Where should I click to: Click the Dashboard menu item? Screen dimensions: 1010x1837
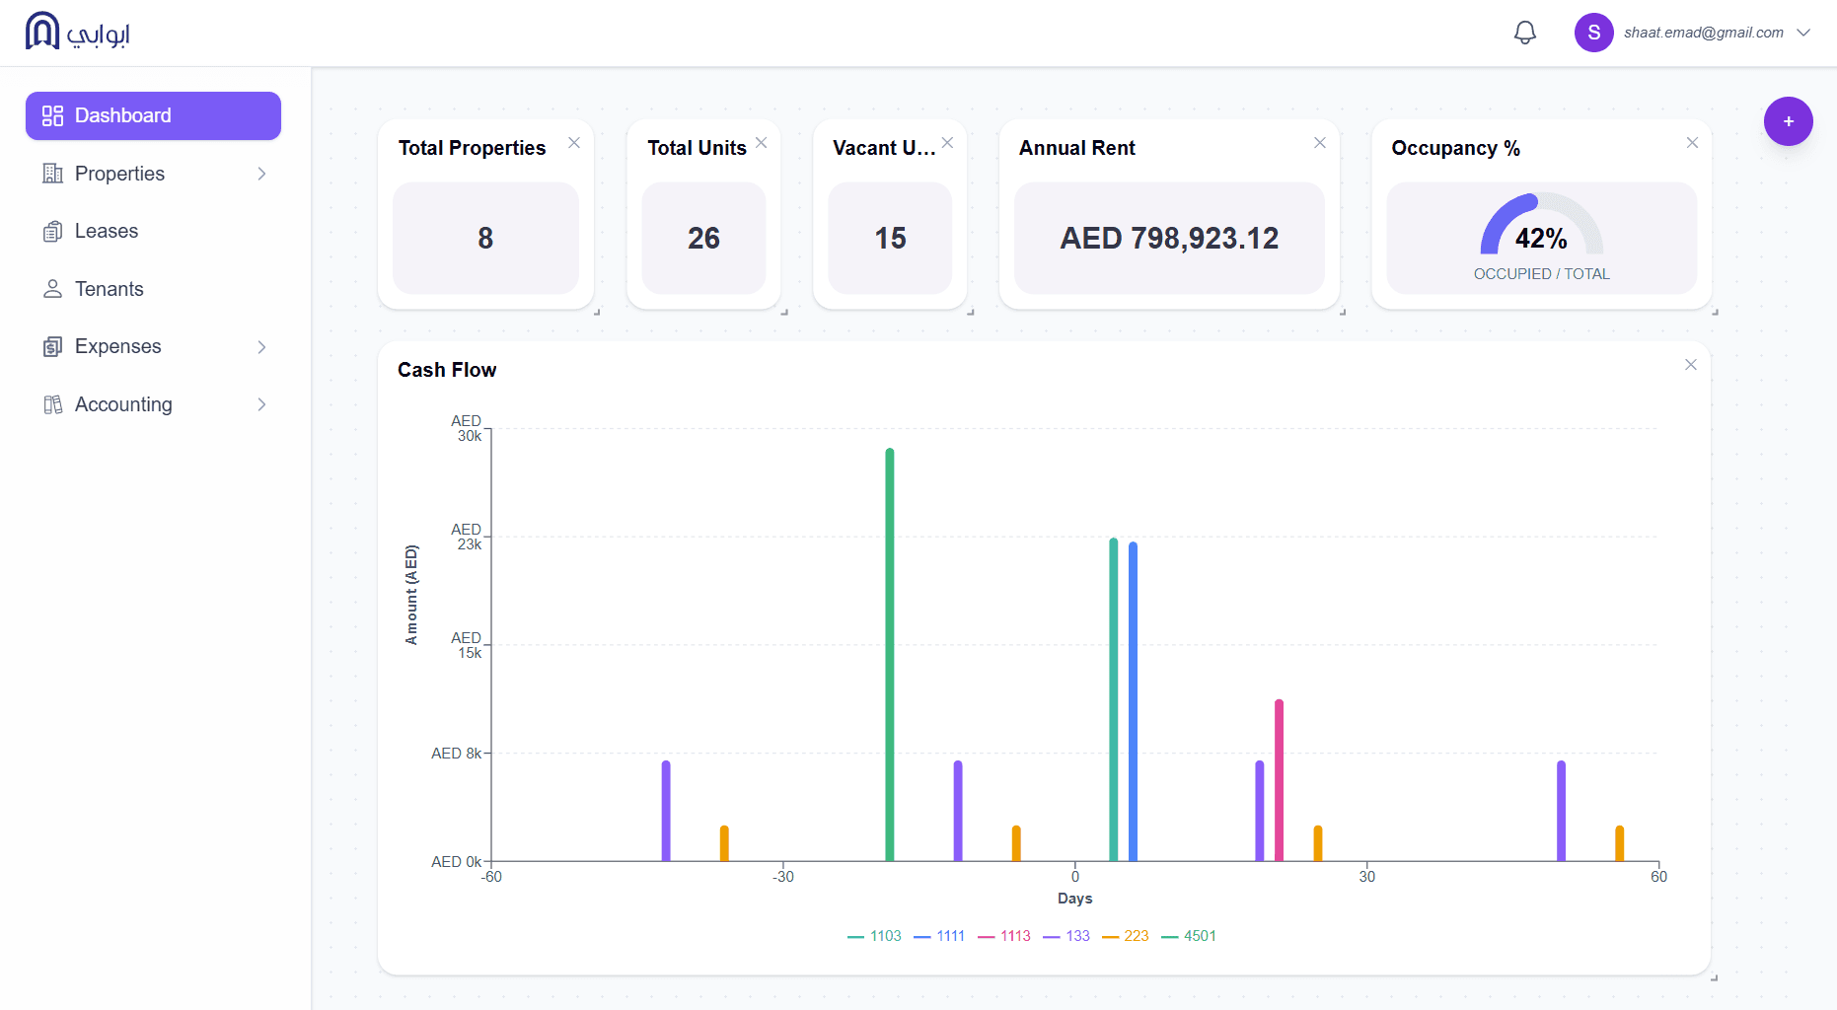click(153, 115)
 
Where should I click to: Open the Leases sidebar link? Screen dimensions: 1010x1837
click(106, 231)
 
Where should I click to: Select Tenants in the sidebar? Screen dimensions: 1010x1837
click(109, 289)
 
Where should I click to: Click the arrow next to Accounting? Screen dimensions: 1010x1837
click(261, 404)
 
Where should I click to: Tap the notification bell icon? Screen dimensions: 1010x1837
click(1524, 33)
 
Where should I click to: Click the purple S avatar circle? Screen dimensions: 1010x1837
click(1593, 33)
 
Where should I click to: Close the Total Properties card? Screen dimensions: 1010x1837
click(574, 143)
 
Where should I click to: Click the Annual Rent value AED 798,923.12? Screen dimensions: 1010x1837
click(1169, 238)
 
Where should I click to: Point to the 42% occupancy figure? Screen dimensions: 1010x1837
click(1541, 239)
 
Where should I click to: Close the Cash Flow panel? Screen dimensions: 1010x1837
click(1690, 365)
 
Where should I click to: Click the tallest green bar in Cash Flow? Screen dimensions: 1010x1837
click(889, 651)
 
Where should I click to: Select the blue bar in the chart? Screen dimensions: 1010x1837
click(1133, 700)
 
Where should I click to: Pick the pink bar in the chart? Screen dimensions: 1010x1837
click(1279, 779)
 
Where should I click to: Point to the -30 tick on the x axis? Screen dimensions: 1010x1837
click(783, 877)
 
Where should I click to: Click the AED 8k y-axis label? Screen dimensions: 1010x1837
click(456, 754)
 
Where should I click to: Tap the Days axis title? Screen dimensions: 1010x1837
click(1074, 899)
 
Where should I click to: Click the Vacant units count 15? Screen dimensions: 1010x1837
click(890, 238)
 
